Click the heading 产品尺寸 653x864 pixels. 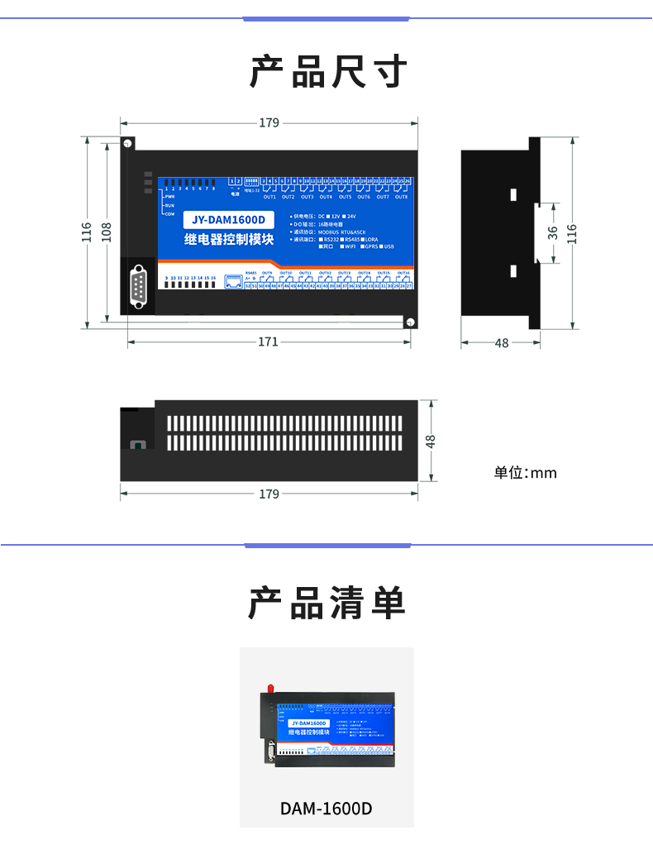pyautogui.click(x=328, y=73)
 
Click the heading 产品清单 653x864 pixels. pyautogui.click(x=328, y=604)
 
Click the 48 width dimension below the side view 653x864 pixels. pyautogui.click(x=502, y=342)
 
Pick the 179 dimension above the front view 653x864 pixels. pyautogui.click(x=269, y=122)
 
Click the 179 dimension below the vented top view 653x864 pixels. pyautogui.click(x=269, y=494)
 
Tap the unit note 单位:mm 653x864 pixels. pyautogui.click(x=526, y=473)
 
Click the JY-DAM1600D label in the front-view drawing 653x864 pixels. pyautogui.click(x=228, y=220)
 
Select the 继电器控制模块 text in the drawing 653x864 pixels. pyautogui.click(x=228, y=240)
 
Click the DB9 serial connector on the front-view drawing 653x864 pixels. pyautogui.click(x=138, y=286)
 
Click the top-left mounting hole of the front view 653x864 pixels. pyautogui.click(x=128, y=144)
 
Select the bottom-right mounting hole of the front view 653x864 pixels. pyautogui.click(x=408, y=322)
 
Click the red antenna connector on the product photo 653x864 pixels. pyautogui.click(x=270, y=689)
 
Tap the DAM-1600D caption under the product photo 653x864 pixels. pyautogui.click(x=326, y=808)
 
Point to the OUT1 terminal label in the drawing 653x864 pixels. pyautogui.click(x=269, y=197)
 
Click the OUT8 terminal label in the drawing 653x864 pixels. pyautogui.click(x=401, y=197)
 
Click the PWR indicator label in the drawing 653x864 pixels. pyautogui.click(x=170, y=197)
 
